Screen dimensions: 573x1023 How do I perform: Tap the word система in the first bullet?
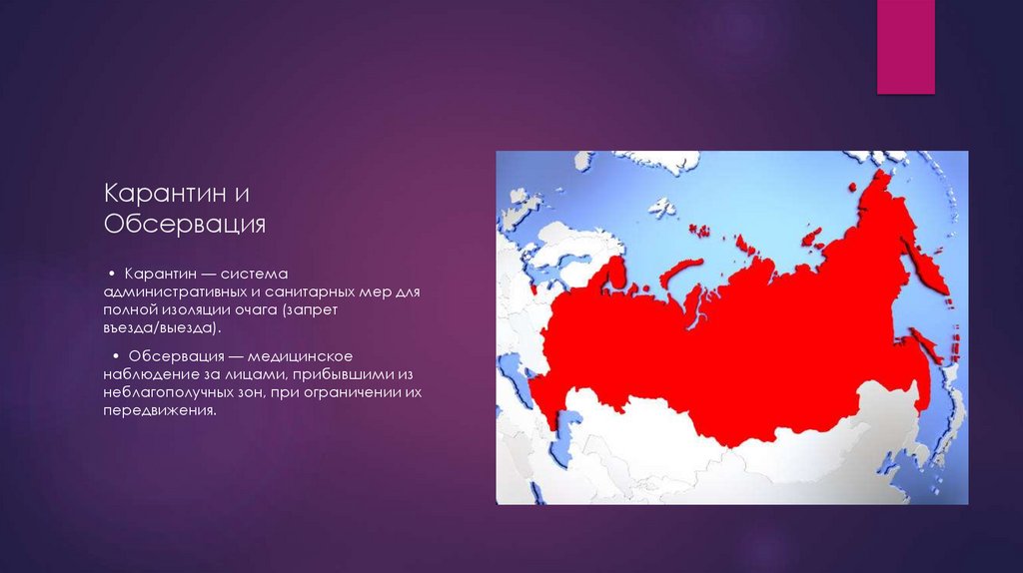point(254,275)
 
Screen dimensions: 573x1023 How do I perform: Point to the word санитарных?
point(315,292)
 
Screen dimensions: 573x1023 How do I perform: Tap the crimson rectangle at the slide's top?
point(905,46)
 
